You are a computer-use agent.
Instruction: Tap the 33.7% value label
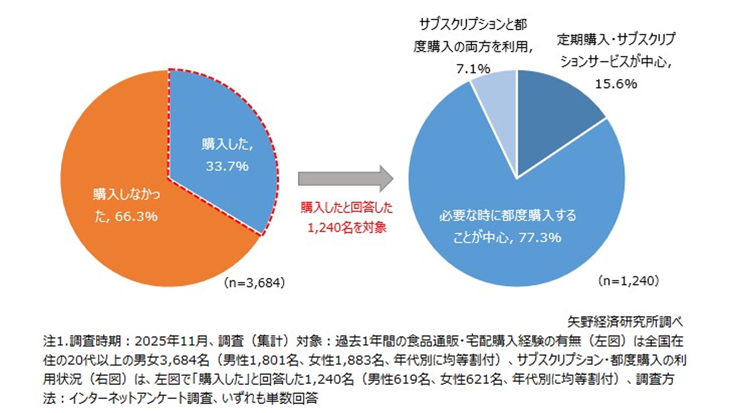tap(227, 166)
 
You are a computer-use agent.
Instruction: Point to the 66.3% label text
tap(136, 217)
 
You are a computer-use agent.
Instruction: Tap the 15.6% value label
tap(616, 84)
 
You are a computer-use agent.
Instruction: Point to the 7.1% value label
tap(473, 69)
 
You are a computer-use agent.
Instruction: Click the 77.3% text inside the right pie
tap(540, 238)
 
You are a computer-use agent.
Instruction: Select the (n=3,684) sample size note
tap(254, 283)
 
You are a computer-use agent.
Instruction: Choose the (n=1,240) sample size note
tap(628, 281)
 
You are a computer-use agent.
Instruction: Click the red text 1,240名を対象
tap(347, 228)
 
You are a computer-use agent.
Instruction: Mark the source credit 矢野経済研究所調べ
tap(625, 322)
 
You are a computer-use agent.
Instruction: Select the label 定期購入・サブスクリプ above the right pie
tap(616, 39)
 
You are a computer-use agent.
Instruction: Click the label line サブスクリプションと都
tap(473, 25)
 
